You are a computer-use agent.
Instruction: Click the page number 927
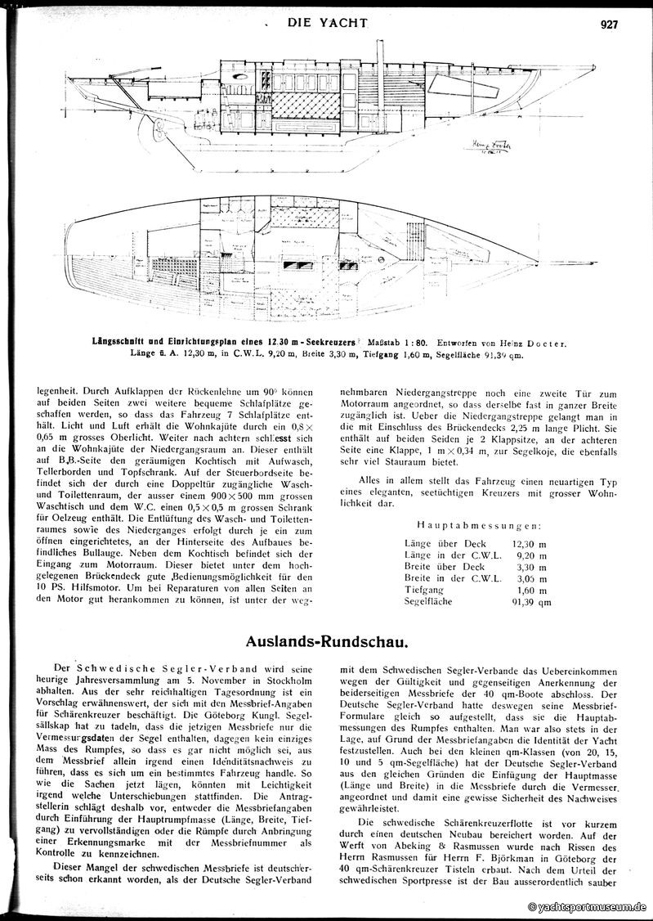point(609,25)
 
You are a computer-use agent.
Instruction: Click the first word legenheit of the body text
point(60,392)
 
